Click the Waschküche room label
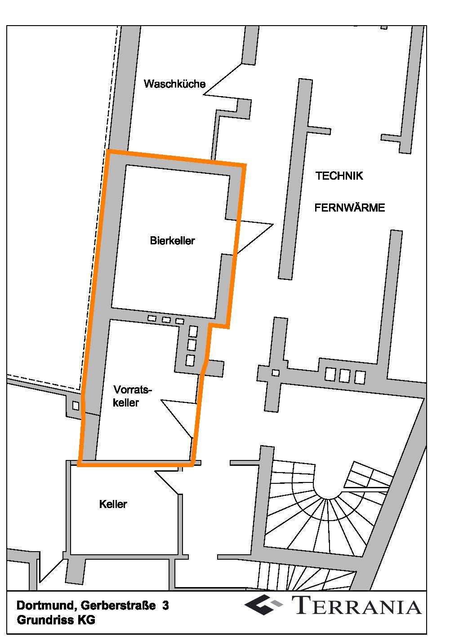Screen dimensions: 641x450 pos(174,84)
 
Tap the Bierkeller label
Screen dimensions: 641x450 pos(172,241)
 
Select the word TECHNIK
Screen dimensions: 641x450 pos(339,176)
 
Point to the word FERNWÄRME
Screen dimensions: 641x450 pos(349,208)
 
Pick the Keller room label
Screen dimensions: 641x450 pos(113,504)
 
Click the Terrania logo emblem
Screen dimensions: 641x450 pos(265,605)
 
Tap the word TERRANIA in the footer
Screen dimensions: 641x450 pos(358,605)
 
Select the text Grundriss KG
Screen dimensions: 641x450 pos(56,620)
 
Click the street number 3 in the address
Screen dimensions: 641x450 pos(166,606)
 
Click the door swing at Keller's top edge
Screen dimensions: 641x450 pos(167,481)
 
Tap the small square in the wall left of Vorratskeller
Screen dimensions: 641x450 pos(76,406)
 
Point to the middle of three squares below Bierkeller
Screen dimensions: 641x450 pos(166,320)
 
